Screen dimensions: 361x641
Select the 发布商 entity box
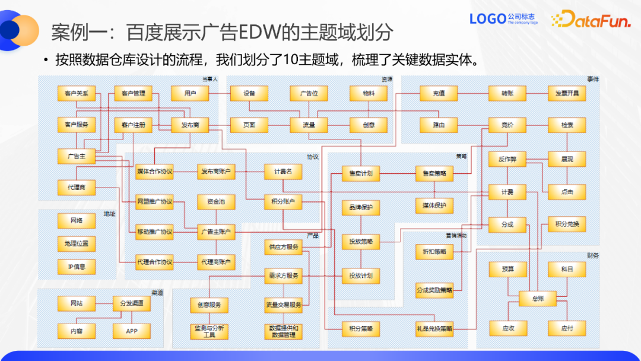(189, 125)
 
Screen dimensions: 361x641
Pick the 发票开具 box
(567, 93)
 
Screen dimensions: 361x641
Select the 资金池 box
(216, 202)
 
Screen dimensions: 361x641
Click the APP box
(132, 331)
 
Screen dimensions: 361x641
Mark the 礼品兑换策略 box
(434, 328)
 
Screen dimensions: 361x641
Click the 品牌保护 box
(361, 208)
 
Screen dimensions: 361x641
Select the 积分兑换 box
(567, 224)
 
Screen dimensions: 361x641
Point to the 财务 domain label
(592, 256)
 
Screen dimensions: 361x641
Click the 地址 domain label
(110, 214)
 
